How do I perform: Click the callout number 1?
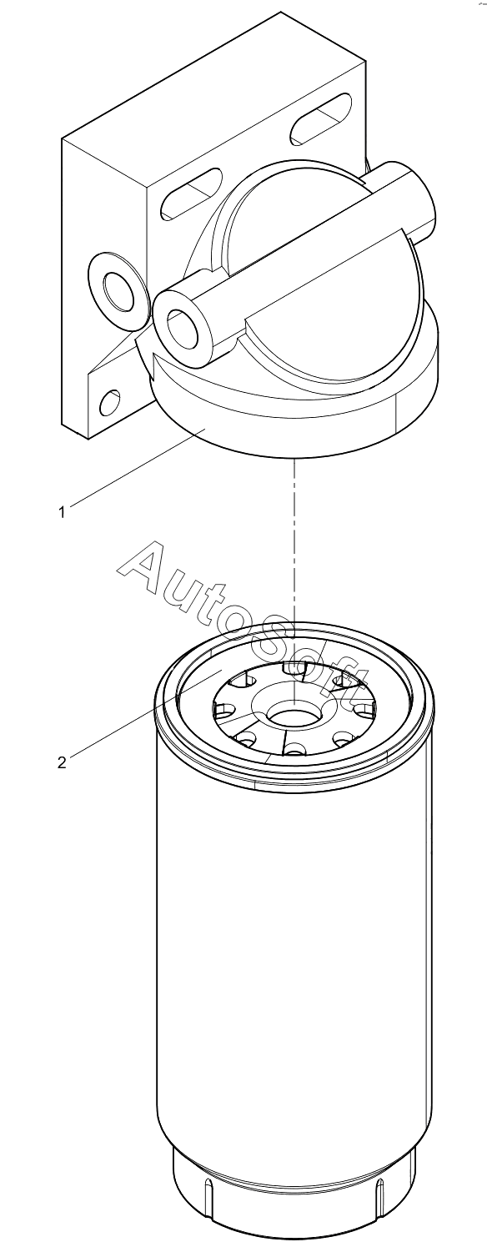coord(62,512)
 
